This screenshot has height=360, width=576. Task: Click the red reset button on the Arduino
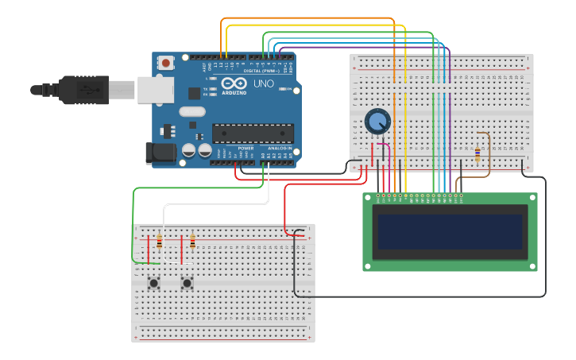[x=165, y=62]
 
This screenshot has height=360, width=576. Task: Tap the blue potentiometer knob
[x=377, y=122]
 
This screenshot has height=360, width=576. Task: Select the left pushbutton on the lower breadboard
[x=153, y=282]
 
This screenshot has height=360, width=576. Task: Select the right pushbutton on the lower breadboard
[x=187, y=282]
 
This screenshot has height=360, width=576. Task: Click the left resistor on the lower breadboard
[x=159, y=242]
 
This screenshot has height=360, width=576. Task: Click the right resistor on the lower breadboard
[x=192, y=242]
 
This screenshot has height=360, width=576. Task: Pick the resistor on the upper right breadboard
[x=477, y=153]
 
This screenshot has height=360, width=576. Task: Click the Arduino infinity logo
[x=234, y=83]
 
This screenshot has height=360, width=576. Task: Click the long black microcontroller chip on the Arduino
[x=253, y=134]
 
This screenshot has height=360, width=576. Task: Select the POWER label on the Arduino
[x=245, y=148]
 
